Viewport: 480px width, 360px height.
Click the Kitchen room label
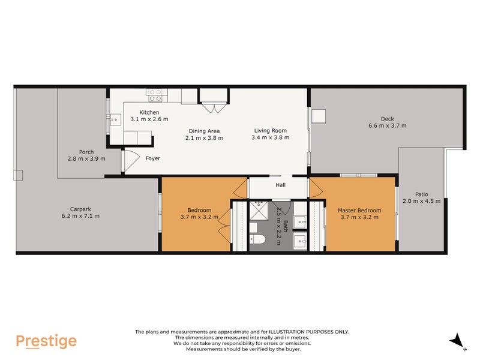(149, 112)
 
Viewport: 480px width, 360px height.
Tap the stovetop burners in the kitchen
(155, 95)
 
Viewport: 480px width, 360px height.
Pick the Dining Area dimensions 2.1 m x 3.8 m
(204, 138)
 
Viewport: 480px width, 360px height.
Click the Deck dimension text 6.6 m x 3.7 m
(387, 126)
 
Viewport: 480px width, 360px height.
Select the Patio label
(421, 194)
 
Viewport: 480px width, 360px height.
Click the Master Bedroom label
(359, 210)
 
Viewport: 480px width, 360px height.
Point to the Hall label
(280, 185)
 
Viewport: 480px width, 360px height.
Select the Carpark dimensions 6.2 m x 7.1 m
(80, 216)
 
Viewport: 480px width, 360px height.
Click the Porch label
(86, 152)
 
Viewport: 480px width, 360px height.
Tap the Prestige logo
(46, 341)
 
